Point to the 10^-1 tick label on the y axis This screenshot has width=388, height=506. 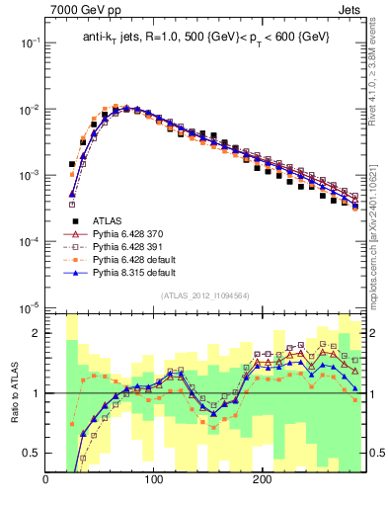(29, 42)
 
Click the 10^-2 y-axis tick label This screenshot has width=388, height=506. (29, 109)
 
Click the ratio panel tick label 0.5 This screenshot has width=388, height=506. (31, 453)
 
